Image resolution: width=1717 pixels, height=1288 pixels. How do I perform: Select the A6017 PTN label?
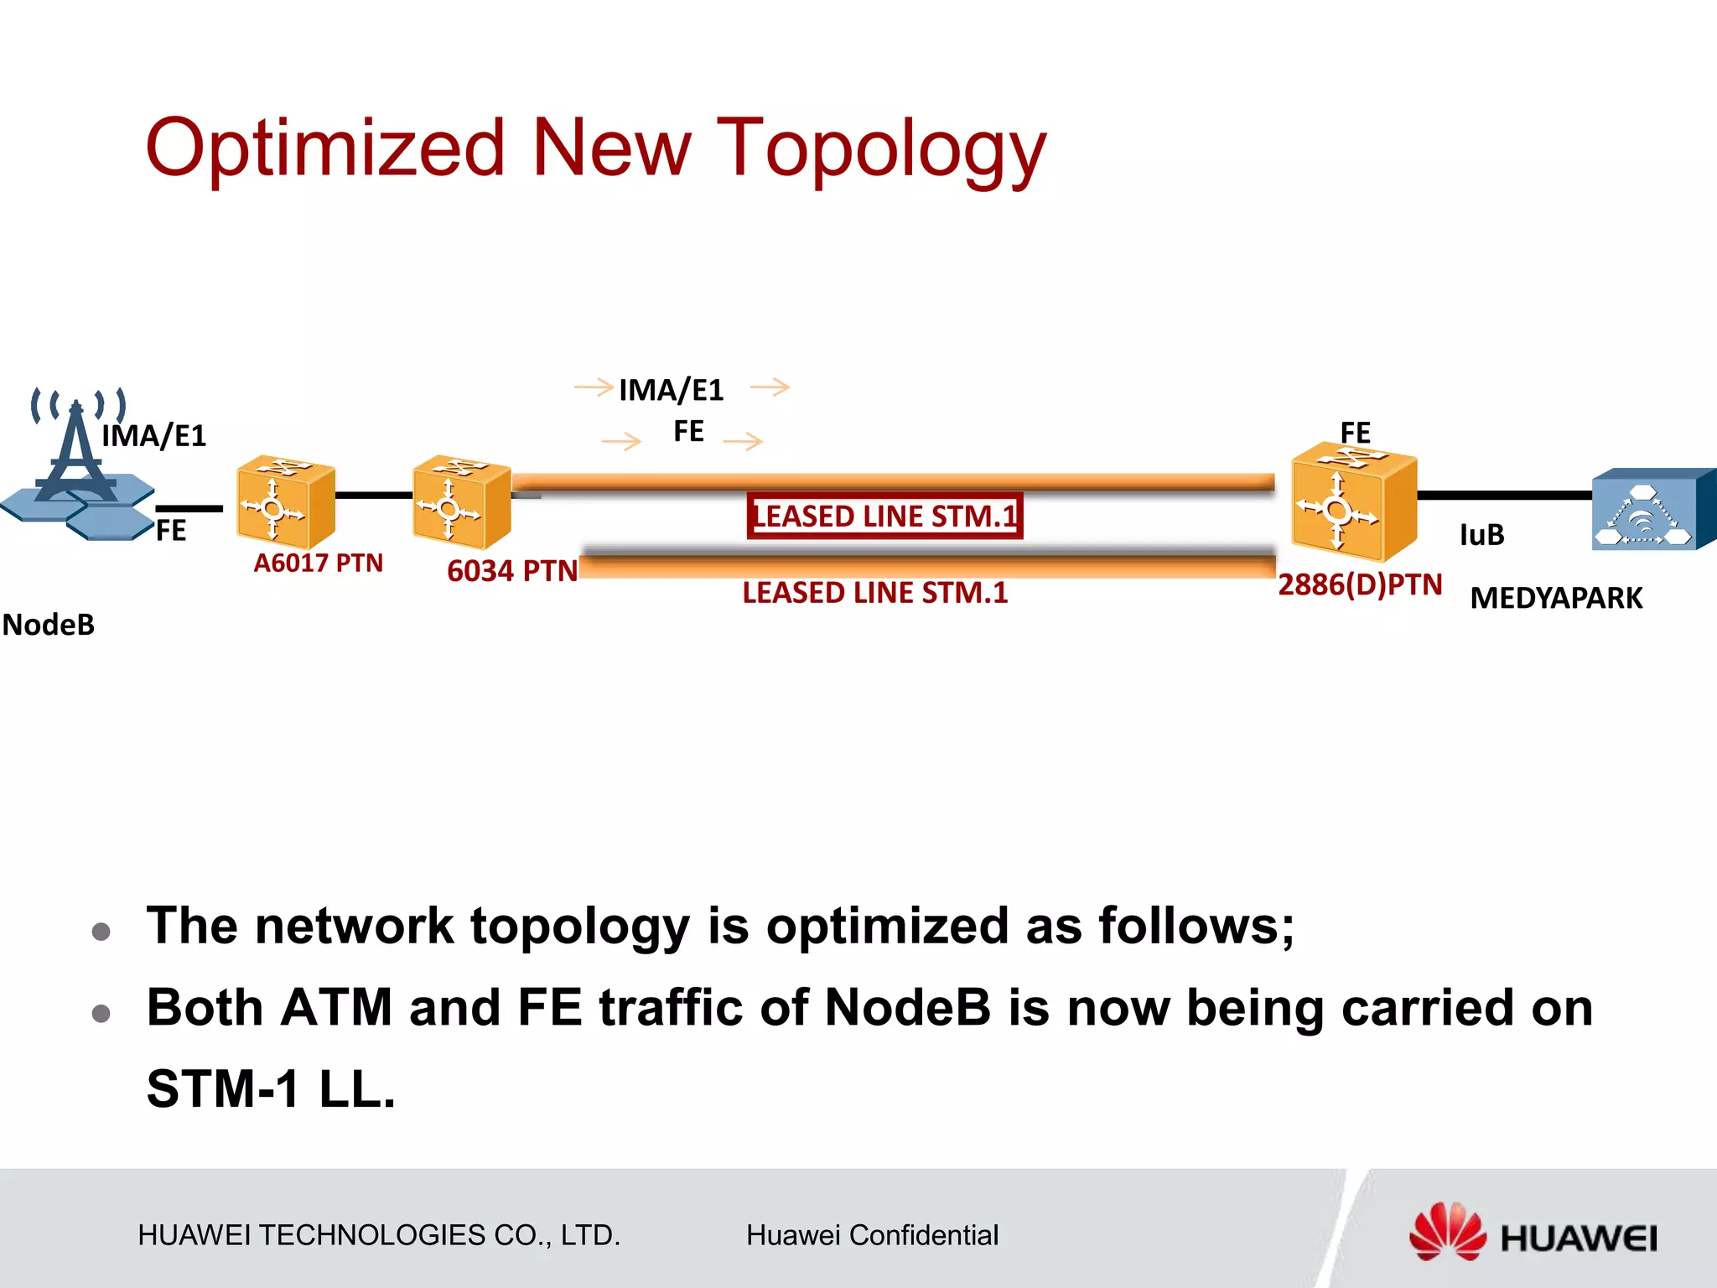click(x=318, y=563)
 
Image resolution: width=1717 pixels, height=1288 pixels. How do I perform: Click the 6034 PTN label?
click(x=511, y=571)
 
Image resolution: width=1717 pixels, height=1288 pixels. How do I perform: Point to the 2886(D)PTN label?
click(x=1359, y=584)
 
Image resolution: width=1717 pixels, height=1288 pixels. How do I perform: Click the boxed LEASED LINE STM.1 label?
click(x=884, y=516)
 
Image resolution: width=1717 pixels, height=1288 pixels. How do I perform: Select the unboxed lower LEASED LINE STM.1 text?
click(x=874, y=593)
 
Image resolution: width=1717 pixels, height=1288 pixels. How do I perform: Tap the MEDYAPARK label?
click(x=1556, y=598)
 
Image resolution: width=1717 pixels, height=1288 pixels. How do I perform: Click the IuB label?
click(x=1481, y=535)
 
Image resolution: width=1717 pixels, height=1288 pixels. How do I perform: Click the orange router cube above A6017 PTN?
click(x=285, y=501)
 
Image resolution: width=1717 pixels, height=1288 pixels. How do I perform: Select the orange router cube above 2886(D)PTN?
click(x=1352, y=506)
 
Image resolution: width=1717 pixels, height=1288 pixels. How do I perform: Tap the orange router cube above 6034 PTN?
click(x=461, y=501)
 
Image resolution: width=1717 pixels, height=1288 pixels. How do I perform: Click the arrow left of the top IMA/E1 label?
click(x=594, y=387)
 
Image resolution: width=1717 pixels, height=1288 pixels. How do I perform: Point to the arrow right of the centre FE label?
click(x=743, y=441)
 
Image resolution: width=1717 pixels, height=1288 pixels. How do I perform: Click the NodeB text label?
click(x=49, y=626)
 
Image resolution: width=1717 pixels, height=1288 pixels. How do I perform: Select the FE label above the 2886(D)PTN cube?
click(x=1355, y=434)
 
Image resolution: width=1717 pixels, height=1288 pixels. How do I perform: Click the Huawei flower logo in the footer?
click(x=1446, y=1231)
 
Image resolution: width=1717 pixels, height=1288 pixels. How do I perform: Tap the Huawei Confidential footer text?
click(x=872, y=1235)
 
